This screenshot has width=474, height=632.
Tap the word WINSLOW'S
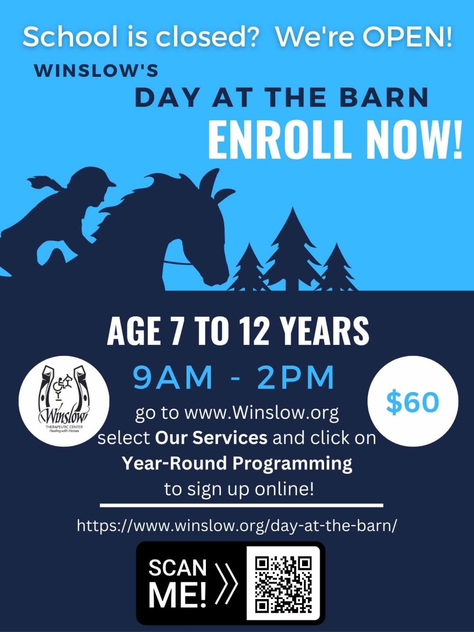click(96, 71)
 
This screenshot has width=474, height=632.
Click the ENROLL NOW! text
click(334, 140)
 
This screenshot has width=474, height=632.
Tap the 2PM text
click(296, 377)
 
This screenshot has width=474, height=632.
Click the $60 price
click(412, 402)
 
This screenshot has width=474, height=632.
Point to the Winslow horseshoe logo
click(64, 401)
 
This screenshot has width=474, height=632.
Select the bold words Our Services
click(211, 438)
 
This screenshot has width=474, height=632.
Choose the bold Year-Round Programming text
click(237, 463)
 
